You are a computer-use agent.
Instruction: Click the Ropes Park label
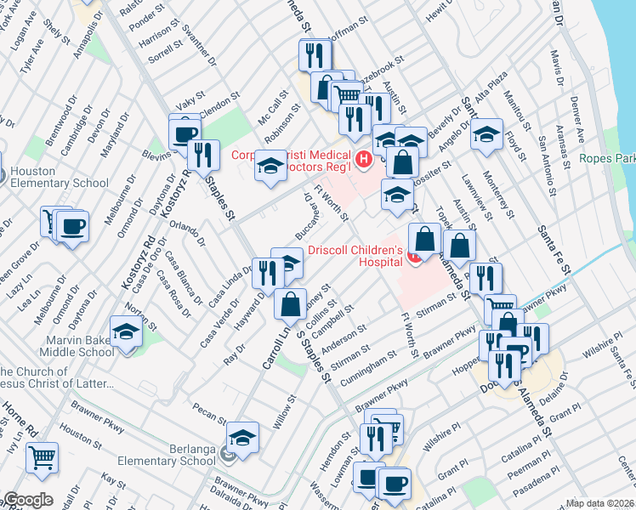607,158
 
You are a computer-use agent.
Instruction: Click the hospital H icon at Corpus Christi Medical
365,158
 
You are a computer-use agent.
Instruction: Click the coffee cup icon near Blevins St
185,132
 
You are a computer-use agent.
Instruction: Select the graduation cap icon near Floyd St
487,134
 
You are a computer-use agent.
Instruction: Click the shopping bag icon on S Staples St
291,303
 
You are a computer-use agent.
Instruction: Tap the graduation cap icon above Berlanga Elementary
242,437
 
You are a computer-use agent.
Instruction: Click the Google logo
28,500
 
